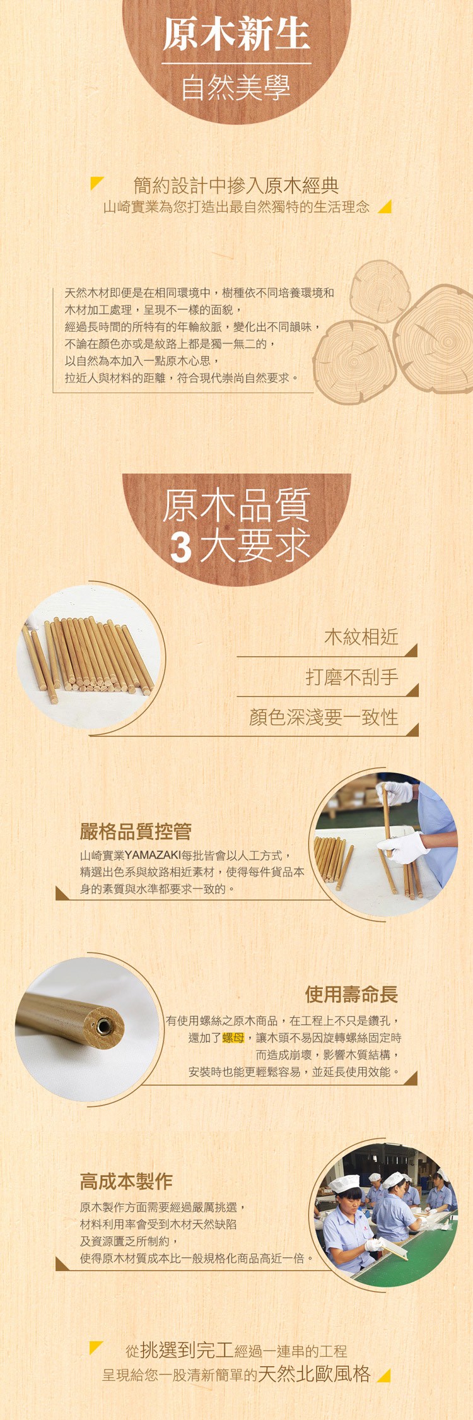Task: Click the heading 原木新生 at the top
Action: (237, 34)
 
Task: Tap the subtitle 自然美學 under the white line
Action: (237, 88)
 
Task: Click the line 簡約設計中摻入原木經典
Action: (237, 185)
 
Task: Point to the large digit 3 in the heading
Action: (181, 547)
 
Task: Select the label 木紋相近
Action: (361, 637)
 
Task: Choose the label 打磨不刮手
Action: (352, 677)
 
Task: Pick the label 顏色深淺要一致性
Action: (324, 718)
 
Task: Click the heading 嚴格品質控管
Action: (136, 831)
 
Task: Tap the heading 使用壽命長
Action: (351, 995)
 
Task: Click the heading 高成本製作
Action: (126, 1181)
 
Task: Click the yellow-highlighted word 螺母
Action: (233, 1037)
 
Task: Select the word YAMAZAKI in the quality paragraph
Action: (153, 855)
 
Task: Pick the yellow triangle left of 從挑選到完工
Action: (95, 1347)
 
